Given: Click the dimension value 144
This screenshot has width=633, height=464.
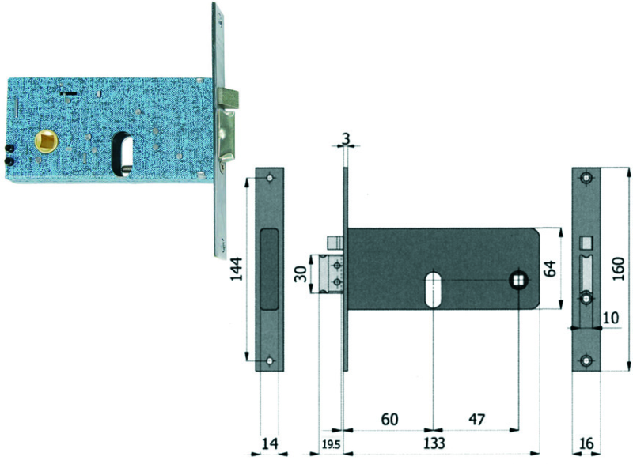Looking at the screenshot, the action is (237, 269).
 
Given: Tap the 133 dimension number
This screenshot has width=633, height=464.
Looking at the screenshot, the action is (434, 443).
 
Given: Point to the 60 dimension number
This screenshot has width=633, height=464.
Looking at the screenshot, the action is (389, 419).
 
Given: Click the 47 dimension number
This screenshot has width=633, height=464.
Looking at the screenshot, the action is (476, 419).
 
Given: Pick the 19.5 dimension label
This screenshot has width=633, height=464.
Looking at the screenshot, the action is (332, 445).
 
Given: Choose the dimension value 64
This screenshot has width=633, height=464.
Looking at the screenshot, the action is (550, 269).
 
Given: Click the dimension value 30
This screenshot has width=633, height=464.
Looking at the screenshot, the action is (301, 274).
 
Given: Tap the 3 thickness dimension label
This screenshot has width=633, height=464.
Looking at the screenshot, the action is (346, 138).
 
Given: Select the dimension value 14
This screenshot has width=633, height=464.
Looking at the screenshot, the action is (270, 443).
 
